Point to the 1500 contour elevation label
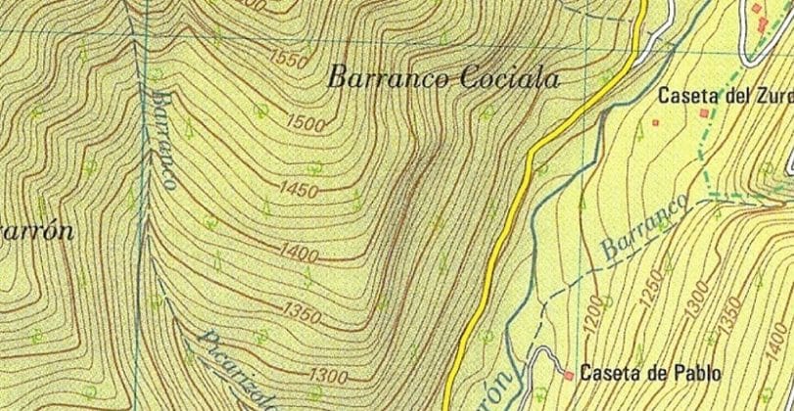coord(306,123)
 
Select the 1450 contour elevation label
coord(299,188)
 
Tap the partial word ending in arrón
coord(36,232)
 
